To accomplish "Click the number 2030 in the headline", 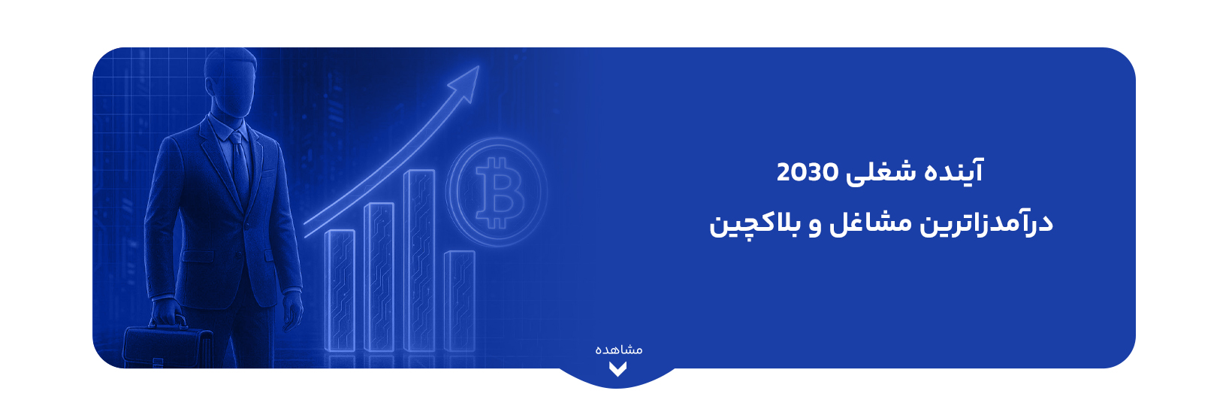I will tap(807, 172).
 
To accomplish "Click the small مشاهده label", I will tap(619, 350).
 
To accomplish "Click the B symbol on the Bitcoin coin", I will tap(497, 192).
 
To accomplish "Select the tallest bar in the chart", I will tap(419, 259).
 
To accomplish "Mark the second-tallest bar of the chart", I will tap(379, 276).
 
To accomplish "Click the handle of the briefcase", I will tap(168, 323).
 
